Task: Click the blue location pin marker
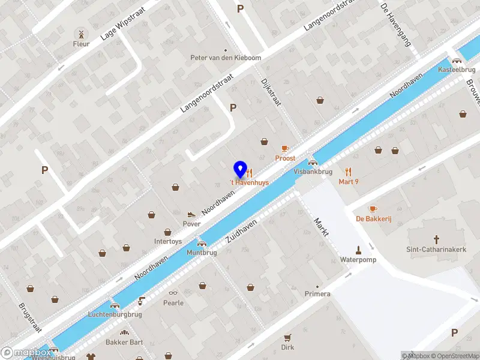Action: [240, 169]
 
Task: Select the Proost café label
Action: [286, 158]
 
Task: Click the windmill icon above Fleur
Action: [81, 33]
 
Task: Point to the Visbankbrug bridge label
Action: [313, 172]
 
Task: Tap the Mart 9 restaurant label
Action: [349, 181]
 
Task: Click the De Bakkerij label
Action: [373, 218]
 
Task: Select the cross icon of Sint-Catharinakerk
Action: [437, 238]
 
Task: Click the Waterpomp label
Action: [358, 260]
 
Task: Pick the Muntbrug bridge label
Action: [202, 253]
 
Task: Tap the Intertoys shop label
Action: [168, 242]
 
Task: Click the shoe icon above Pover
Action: [191, 214]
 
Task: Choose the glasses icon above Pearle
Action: [173, 293]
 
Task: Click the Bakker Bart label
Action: [124, 342]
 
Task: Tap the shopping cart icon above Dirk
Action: [287, 337]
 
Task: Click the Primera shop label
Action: [317, 294]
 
